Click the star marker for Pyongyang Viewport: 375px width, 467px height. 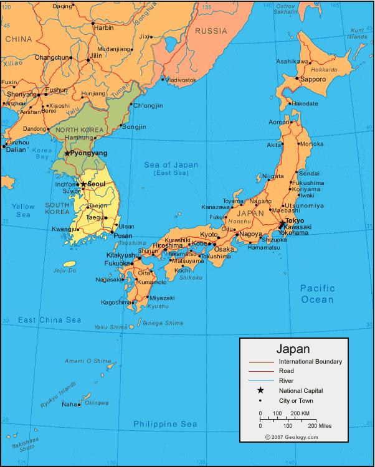pos(67,153)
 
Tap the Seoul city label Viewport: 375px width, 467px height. pos(97,184)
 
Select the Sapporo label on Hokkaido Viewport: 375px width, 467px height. pos(313,80)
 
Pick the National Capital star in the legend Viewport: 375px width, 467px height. pos(260,390)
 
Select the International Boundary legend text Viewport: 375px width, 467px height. pos(310,361)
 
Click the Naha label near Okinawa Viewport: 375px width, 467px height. pos(70,405)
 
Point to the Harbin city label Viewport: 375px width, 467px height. pos(103,27)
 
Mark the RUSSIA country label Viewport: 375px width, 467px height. pos(211,31)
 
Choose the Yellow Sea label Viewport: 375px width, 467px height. pos(24,210)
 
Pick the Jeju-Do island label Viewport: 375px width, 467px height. pos(65,271)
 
